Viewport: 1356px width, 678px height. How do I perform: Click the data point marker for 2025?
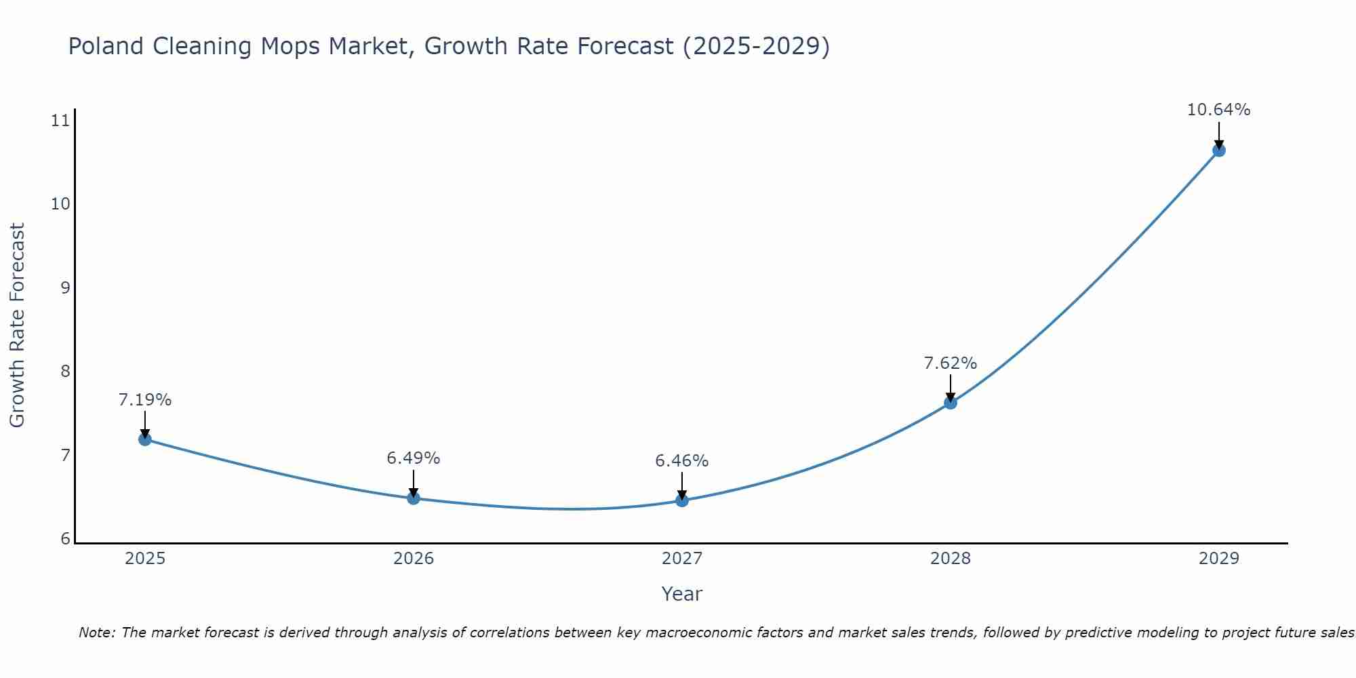coord(144,439)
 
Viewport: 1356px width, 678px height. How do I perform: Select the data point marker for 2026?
coord(414,498)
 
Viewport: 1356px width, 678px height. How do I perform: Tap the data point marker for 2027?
coord(682,500)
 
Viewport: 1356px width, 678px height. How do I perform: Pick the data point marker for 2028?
coord(951,403)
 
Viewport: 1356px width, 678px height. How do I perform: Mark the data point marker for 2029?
coord(1219,151)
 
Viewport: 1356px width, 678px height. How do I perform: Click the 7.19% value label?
coord(145,400)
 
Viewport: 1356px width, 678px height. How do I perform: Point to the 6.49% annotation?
coord(414,458)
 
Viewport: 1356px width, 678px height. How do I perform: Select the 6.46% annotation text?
coord(682,461)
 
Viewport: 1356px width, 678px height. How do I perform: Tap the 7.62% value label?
coord(951,363)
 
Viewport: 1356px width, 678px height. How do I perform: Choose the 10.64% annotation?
coord(1219,110)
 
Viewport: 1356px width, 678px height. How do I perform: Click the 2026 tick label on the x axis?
coord(414,559)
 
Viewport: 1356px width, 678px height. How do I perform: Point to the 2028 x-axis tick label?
coord(951,559)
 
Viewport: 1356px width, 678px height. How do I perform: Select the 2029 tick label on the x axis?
coord(1219,559)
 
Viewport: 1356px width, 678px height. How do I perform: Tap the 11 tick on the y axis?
coord(60,121)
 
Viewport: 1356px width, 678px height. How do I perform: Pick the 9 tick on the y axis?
coord(65,288)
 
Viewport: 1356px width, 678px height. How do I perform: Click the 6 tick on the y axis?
coord(65,539)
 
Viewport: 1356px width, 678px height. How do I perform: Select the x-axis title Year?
coord(682,594)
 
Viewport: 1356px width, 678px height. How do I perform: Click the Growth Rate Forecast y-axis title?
coord(18,325)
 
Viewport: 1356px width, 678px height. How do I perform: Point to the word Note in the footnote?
coord(97,633)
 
